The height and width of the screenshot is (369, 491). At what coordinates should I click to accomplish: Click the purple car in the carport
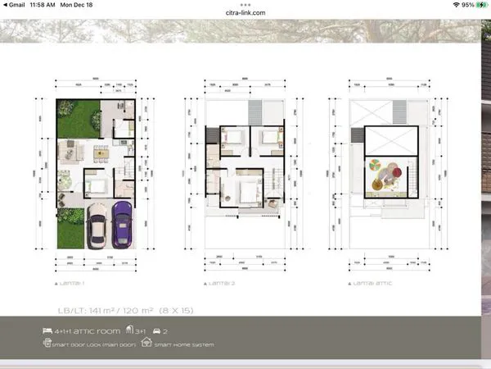click(x=123, y=223)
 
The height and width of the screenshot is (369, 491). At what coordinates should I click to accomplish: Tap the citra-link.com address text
click(x=245, y=14)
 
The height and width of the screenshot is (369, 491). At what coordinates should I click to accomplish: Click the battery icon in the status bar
click(x=480, y=5)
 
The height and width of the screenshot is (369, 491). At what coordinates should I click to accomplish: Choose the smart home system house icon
click(x=146, y=344)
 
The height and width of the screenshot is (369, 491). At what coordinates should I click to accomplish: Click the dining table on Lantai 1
click(x=101, y=150)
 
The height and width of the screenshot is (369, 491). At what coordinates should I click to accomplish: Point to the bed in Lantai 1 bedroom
click(x=97, y=185)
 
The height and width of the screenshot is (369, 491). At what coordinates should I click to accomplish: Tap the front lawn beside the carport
click(x=70, y=229)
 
